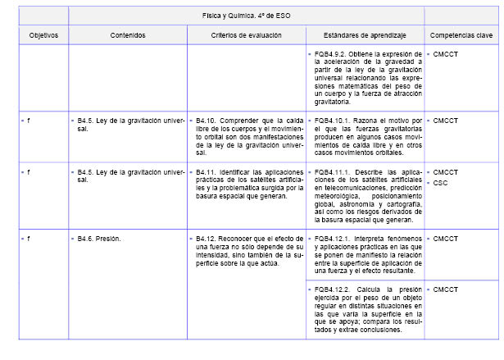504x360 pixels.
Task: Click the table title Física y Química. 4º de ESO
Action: coord(246,16)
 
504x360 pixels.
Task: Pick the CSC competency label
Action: coord(440,182)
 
